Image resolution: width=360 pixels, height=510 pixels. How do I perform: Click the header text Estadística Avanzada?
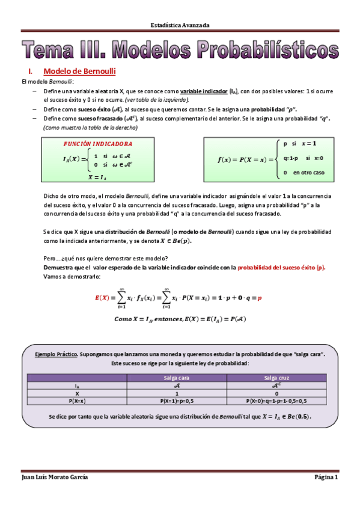tap(180, 25)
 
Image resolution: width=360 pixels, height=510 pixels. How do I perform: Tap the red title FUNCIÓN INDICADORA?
tap(98, 145)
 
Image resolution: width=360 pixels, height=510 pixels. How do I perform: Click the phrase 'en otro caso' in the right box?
tap(309, 173)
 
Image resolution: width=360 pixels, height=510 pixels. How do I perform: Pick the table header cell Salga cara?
tap(176, 378)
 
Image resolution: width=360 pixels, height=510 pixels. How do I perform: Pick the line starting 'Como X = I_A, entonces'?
tap(180, 319)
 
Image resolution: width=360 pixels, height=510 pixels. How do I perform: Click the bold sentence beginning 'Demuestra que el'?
tap(132, 268)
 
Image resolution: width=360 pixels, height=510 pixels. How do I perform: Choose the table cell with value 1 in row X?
tap(176, 393)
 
